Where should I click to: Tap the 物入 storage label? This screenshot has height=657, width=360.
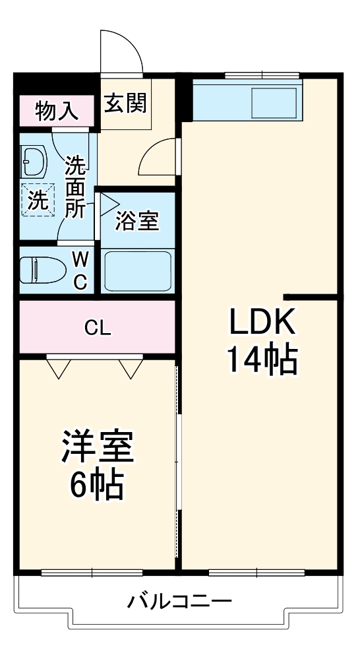click(57, 111)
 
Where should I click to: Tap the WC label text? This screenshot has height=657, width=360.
click(79, 269)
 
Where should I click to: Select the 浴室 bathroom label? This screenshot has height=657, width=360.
click(136, 222)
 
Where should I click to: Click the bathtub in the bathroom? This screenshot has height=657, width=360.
click(137, 270)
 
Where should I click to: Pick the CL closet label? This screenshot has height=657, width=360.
click(98, 327)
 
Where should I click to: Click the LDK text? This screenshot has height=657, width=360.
click(260, 323)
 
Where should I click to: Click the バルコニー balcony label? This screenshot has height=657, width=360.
click(179, 602)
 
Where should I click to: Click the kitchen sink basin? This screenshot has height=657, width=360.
click(272, 102)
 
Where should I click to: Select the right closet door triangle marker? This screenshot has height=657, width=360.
click(131, 368)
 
